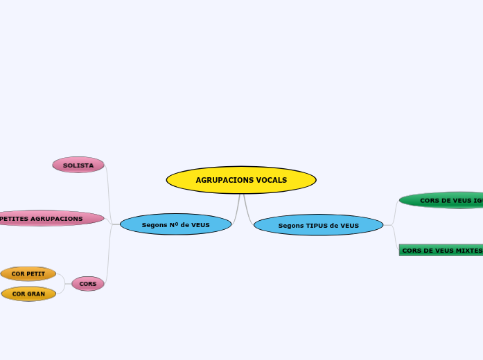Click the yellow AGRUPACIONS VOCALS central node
coord(241,180)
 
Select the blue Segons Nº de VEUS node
coord(175,224)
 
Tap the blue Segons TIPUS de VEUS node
coord(319,225)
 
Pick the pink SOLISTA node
coord(78,165)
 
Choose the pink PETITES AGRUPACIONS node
coord(49,218)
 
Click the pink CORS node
coord(88,284)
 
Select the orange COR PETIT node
coord(28,273)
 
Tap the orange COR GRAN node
coord(28,294)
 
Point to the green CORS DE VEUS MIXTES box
coord(441,250)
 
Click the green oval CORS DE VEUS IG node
coord(444,200)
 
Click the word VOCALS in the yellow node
coord(272,180)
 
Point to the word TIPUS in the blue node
coord(317,225)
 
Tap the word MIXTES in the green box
coord(469,251)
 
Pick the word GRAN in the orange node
coord(37,294)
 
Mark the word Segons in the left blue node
coord(155,225)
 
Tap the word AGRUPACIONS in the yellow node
coord(221,180)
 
